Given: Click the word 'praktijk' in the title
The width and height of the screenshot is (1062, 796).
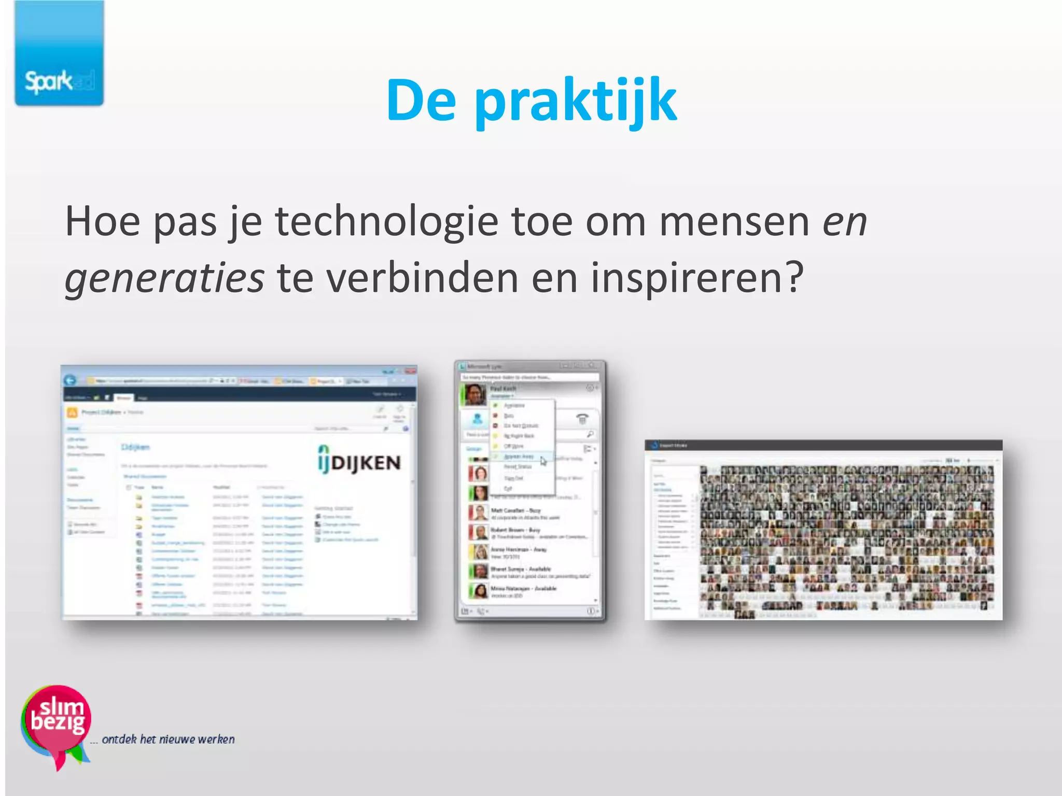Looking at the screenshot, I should [576, 101].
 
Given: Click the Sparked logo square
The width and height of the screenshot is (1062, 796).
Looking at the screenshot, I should [59, 53].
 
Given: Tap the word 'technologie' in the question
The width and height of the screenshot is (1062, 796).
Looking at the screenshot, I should [386, 222].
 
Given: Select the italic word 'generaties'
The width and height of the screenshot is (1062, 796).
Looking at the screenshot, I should [164, 278].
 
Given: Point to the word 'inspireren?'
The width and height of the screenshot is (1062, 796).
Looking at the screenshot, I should [697, 278].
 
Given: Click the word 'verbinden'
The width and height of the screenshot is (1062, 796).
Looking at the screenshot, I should [422, 278].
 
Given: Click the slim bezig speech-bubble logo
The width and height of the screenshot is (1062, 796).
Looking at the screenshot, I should [56, 723].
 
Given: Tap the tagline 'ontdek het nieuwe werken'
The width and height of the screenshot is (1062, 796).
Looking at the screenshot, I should [168, 739].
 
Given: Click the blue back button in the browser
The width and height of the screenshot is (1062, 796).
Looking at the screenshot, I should [70, 380].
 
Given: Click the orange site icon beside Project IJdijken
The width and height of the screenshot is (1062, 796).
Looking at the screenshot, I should [72, 413].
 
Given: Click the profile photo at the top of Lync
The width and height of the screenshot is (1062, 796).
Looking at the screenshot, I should [474, 394].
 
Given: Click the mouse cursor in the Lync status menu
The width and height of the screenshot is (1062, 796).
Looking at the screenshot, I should [543, 461].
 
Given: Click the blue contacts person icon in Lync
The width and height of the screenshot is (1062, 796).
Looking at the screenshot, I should [478, 418].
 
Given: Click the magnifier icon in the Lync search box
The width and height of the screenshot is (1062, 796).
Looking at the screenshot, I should [590, 434].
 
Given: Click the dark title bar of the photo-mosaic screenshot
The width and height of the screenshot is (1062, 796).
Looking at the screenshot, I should [823, 445].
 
